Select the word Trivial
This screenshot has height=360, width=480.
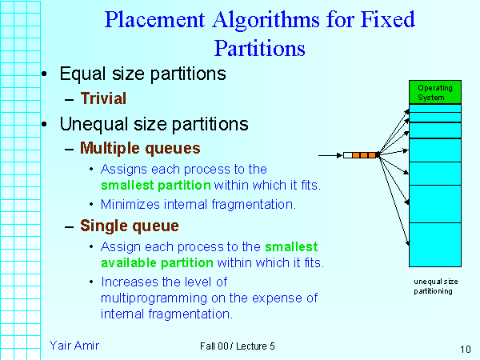tap(103, 99)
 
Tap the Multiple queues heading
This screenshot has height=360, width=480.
tap(140, 148)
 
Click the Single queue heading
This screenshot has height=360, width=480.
tap(130, 226)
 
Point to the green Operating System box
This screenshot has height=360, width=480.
tap(434, 92)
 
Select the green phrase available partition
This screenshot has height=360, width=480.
tap(157, 262)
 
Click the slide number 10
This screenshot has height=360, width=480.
tap(465, 349)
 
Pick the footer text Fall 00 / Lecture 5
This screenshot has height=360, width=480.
tap(238, 346)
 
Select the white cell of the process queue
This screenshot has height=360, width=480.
tap(347, 154)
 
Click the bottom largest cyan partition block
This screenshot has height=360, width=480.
tap(434, 244)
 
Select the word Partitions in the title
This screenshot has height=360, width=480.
tap(260, 47)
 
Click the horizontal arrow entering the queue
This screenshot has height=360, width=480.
tap(330, 154)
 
